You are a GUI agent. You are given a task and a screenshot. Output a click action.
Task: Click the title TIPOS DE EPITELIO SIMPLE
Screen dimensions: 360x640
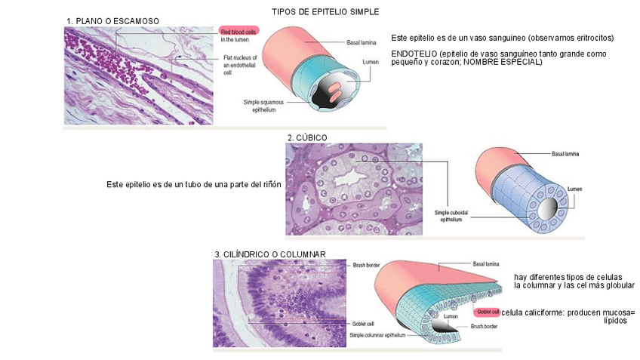(x=325, y=12)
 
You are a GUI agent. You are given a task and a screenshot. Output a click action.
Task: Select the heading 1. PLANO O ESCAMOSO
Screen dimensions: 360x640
(x=112, y=20)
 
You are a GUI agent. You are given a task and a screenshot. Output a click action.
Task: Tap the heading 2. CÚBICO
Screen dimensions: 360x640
(x=307, y=137)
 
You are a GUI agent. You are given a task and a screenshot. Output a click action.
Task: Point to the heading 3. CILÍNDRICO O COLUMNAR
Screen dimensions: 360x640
(x=270, y=255)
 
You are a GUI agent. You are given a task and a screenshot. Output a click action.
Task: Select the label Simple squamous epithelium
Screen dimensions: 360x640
(x=259, y=106)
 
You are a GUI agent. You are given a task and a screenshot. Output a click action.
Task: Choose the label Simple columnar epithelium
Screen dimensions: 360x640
(x=378, y=334)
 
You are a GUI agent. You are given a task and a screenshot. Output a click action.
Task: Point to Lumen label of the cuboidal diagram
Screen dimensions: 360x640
(x=575, y=188)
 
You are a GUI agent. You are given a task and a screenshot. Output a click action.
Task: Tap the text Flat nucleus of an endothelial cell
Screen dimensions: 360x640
(x=241, y=66)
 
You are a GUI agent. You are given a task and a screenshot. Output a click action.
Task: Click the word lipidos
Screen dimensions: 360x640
(x=616, y=321)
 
